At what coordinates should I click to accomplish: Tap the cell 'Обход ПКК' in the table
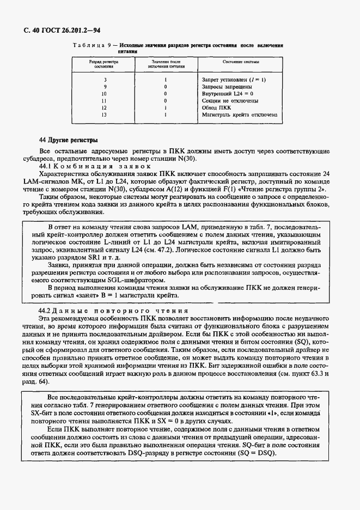pyautogui.click(x=216, y=108)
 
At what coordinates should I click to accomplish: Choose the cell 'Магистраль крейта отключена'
pyautogui.click(x=240, y=115)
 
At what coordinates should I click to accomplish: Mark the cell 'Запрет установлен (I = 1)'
pyautogui.click(x=234, y=80)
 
